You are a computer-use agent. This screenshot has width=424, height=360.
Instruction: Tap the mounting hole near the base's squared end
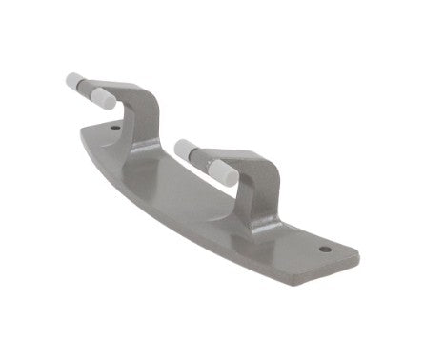coord(324,250)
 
